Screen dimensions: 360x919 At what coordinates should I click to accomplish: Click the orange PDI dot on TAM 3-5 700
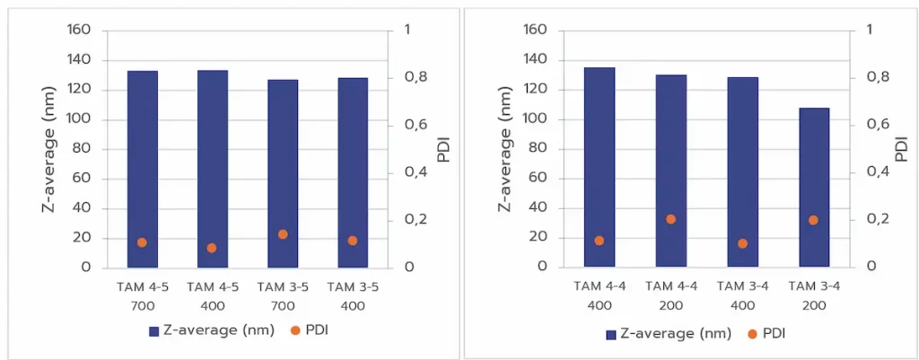tap(283, 234)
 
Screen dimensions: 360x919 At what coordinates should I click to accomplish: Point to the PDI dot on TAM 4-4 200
tap(670, 219)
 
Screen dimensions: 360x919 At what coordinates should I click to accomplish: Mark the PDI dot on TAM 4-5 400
tap(212, 248)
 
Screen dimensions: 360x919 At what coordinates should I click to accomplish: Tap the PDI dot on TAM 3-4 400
tap(742, 243)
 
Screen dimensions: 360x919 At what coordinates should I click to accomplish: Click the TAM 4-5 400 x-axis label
tap(213, 295)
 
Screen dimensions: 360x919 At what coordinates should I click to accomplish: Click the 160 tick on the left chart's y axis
tap(79, 31)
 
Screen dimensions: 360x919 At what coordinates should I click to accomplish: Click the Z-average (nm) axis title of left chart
tap(50, 149)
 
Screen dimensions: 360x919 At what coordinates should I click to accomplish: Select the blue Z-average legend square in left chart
tap(154, 331)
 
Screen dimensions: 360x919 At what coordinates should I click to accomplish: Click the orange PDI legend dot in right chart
tap(750, 334)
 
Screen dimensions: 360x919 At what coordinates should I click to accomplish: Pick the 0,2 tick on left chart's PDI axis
tap(407, 220)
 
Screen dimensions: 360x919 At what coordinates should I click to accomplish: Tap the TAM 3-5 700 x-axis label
tap(283, 295)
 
